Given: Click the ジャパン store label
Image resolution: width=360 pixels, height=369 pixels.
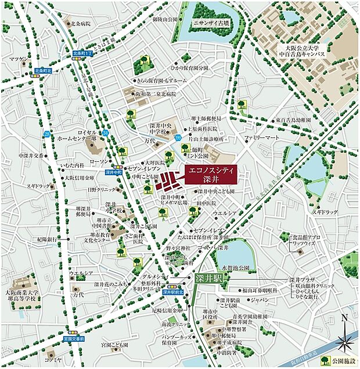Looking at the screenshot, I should [x=257, y=300].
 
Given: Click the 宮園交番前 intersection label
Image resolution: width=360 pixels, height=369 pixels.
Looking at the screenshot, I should [x=74, y=338].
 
